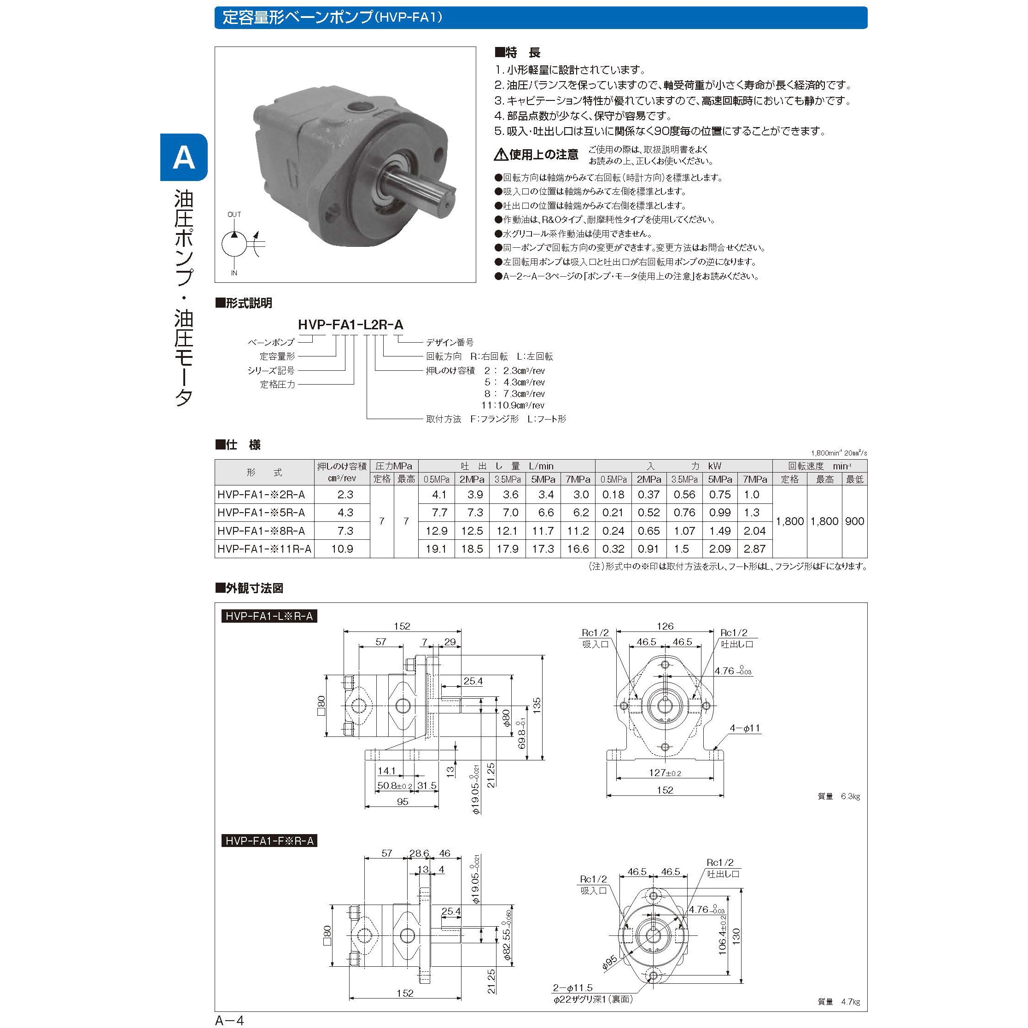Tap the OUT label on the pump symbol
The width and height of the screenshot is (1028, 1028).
[x=234, y=215]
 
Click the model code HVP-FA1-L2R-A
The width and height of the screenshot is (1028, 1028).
[x=350, y=325]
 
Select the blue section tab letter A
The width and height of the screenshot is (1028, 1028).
[x=184, y=158]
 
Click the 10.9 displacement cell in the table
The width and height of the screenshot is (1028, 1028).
[x=342, y=549]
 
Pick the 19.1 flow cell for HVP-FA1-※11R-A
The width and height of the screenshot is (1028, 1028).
[x=436, y=549]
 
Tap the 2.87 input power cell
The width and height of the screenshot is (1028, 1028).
[x=754, y=549]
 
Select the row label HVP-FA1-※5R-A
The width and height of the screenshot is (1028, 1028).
[x=261, y=513]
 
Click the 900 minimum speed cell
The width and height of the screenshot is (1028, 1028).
[x=854, y=521]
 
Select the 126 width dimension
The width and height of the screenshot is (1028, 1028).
[x=665, y=626]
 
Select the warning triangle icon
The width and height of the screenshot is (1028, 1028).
[x=501, y=155]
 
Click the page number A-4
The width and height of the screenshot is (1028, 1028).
[x=229, y=1020]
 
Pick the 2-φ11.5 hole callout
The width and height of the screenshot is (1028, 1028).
[x=572, y=987]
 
